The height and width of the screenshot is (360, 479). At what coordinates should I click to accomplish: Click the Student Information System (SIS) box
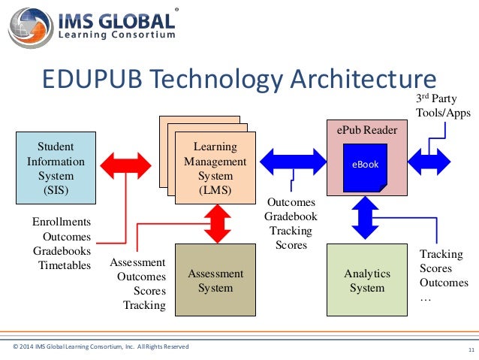(x=56, y=168)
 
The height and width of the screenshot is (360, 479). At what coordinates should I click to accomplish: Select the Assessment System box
(x=210, y=280)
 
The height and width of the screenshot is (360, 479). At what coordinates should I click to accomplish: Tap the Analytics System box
(x=367, y=280)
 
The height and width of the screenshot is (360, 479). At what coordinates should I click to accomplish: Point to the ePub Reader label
(x=367, y=131)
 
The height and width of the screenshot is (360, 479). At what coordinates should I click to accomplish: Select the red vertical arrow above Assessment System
(x=217, y=223)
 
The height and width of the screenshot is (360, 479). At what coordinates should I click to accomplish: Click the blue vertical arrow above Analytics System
(x=367, y=216)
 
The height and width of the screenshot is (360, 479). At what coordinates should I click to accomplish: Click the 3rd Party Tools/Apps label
(x=443, y=106)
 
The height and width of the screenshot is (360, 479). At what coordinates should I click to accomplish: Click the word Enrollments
(x=61, y=222)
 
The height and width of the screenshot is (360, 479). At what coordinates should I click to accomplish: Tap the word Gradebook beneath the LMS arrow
(x=291, y=216)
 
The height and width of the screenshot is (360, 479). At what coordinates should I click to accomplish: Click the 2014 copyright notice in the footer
(x=101, y=346)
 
